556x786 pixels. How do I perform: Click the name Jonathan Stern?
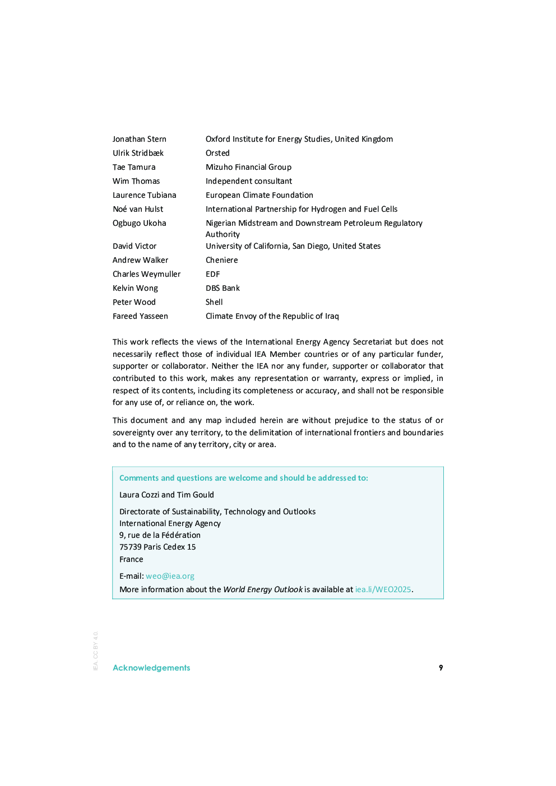click(139, 139)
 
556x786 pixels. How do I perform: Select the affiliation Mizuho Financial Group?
click(248, 167)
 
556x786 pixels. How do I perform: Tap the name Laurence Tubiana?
click(144, 195)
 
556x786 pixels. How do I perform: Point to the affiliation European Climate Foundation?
click(259, 195)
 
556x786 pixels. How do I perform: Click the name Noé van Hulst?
click(138, 209)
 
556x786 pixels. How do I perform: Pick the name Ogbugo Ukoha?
click(139, 223)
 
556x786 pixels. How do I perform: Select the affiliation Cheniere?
click(221, 260)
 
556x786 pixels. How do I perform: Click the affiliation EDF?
click(212, 274)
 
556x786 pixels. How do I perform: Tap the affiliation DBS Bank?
click(223, 288)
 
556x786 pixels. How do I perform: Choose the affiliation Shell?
click(214, 302)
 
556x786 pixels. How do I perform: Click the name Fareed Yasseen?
click(140, 316)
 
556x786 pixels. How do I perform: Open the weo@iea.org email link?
click(170, 576)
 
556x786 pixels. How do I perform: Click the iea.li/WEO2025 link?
click(383, 589)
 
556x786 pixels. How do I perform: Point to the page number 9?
click(441, 668)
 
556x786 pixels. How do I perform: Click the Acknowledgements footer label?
click(151, 668)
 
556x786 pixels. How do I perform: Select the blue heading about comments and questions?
click(243, 478)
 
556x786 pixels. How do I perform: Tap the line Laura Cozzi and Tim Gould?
click(166, 495)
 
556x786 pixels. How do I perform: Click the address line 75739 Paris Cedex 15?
click(157, 547)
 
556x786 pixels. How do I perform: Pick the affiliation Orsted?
click(217, 153)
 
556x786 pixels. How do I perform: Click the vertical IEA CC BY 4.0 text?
click(95, 651)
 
